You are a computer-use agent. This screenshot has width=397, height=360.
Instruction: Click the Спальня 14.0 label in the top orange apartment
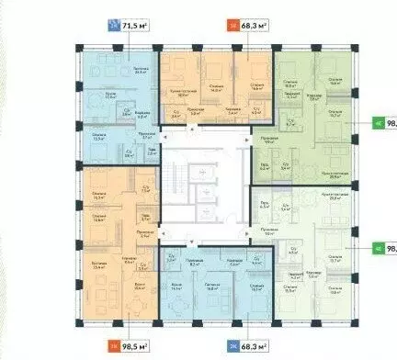(x=214, y=88)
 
